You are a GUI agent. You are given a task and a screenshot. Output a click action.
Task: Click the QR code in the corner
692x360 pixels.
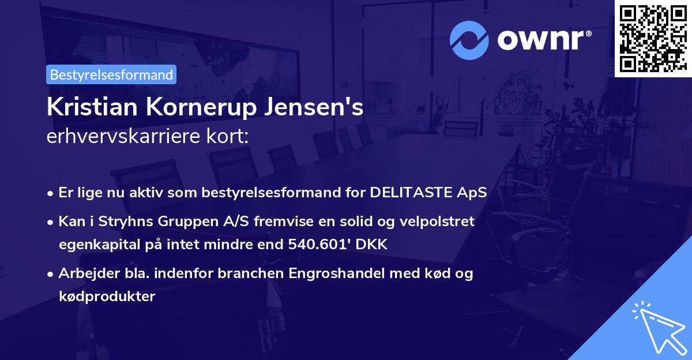click(x=653, y=39)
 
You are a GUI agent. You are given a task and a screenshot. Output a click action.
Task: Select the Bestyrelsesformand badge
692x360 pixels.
click(x=111, y=74)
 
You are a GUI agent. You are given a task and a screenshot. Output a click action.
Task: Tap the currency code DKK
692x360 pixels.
click(x=373, y=245)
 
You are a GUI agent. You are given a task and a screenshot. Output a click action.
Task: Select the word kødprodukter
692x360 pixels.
click(x=107, y=297)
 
